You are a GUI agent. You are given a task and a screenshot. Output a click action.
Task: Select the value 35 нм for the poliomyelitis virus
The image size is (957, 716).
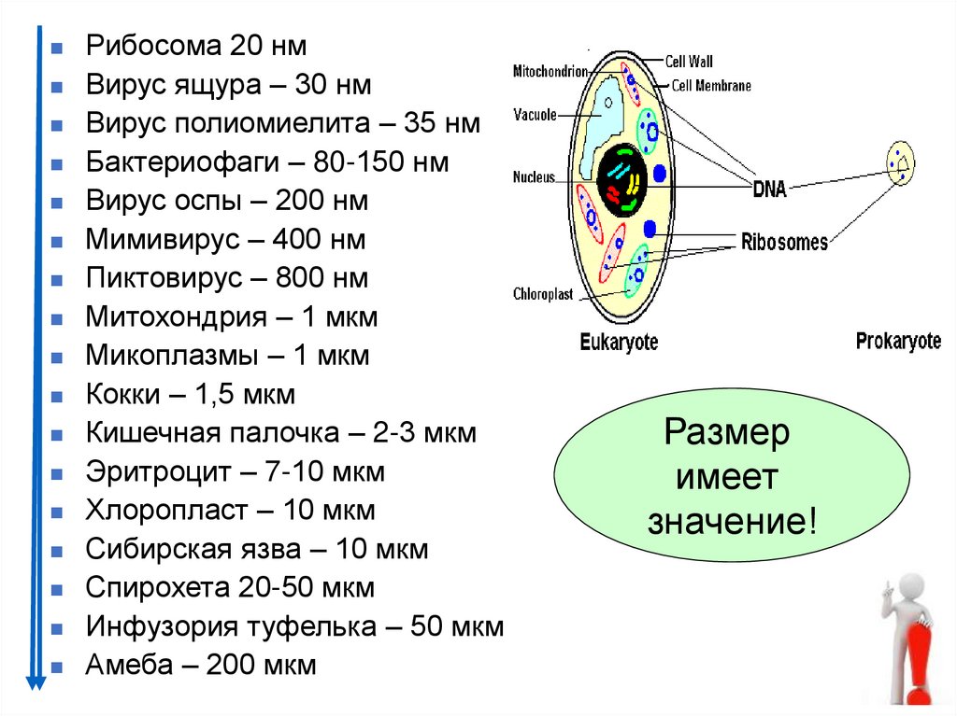pos(443,124)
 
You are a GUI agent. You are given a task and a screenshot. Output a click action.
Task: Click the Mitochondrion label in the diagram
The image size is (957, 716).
pos(550,71)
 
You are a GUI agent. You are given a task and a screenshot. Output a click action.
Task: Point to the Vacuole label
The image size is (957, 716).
pos(535,115)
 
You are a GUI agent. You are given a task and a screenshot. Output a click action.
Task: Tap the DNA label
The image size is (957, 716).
pos(769,190)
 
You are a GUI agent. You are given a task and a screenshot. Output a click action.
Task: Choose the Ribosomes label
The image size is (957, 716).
pos(784,243)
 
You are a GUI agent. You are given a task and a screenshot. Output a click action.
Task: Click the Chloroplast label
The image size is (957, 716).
pos(544,293)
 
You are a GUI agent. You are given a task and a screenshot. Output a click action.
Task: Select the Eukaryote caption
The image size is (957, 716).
pos(619,343)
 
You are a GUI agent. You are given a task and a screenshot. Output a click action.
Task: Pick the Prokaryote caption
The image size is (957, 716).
pos(898,342)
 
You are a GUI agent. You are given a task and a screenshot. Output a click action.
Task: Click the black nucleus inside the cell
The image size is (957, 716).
pos(621,178)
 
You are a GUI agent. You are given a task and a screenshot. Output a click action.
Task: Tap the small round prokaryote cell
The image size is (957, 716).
pos(901,163)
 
